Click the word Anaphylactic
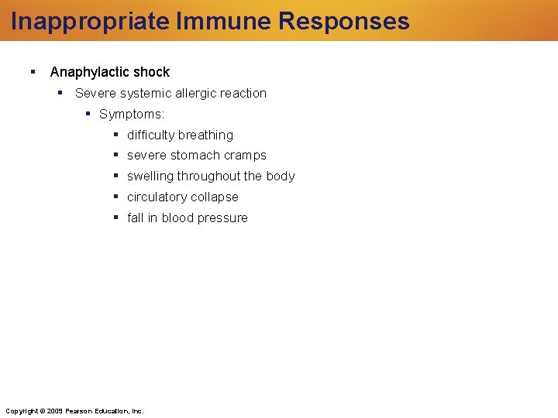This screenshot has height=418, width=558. tap(91, 72)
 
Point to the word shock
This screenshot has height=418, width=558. tap(152, 72)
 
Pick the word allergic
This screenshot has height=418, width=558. tap(205, 93)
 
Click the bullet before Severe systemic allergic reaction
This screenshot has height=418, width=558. tap(60, 93)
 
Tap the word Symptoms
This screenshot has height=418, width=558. tap(131, 114)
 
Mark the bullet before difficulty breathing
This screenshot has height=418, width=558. tap(115, 135)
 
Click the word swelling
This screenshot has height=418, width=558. tap(150, 176)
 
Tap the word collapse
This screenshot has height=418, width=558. tap(215, 197)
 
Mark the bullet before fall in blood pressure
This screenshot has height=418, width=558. tap(115, 218)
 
